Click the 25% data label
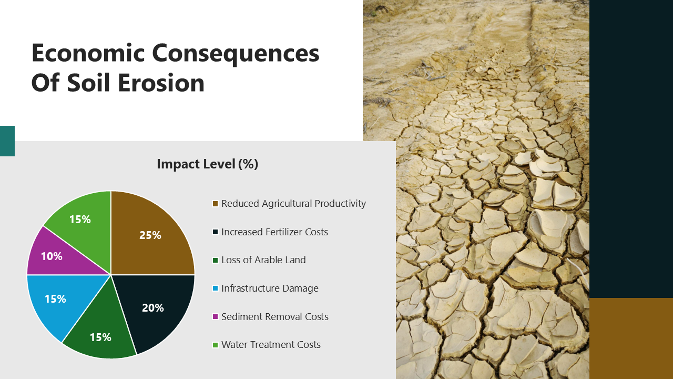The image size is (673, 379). coord(150,235)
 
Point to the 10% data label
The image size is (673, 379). coord(52,256)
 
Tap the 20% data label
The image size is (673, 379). coord(152,308)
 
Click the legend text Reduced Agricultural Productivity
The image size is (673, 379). coord(293,204)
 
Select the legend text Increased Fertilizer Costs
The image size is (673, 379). coord(274,232)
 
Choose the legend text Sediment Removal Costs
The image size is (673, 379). coord(274,317)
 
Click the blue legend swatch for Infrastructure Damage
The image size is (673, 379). coord(215,288)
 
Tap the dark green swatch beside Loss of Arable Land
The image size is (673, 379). coord(215,261)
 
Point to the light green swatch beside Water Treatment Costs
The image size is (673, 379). coord(215,345)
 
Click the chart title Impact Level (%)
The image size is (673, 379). coord(207,164)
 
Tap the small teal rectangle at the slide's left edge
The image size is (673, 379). coord(7,141)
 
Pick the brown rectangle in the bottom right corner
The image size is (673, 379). coord(631,338)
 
